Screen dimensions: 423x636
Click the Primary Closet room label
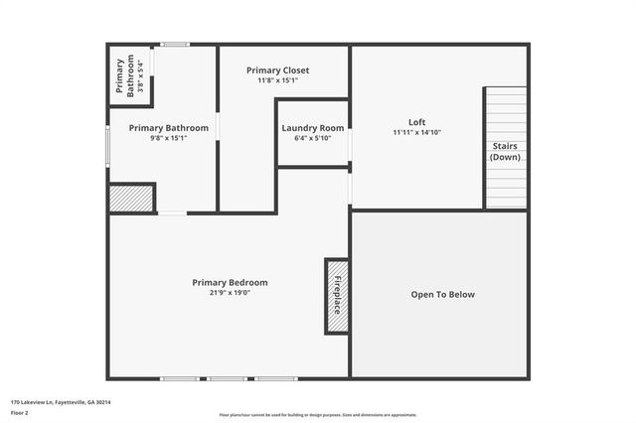[x=278, y=70]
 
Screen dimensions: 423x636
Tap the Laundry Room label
[x=313, y=128]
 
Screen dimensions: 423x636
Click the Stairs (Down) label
[x=505, y=152]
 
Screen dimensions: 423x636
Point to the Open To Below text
[x=443, y=295]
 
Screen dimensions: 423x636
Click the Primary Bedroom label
[x=230, y=282]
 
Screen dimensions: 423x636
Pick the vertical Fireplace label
[x=337, y=296]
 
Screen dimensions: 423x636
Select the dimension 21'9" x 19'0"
[x=230, y=293]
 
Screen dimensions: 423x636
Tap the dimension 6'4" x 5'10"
[x=313, y=138]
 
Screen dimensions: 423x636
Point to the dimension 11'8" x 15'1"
[x=278, y=80]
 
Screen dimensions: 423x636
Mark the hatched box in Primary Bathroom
[x=131, y=198]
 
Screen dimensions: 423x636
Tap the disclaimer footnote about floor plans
[x=318, y=415]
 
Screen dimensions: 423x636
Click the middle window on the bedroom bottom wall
[x=228, y=378]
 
